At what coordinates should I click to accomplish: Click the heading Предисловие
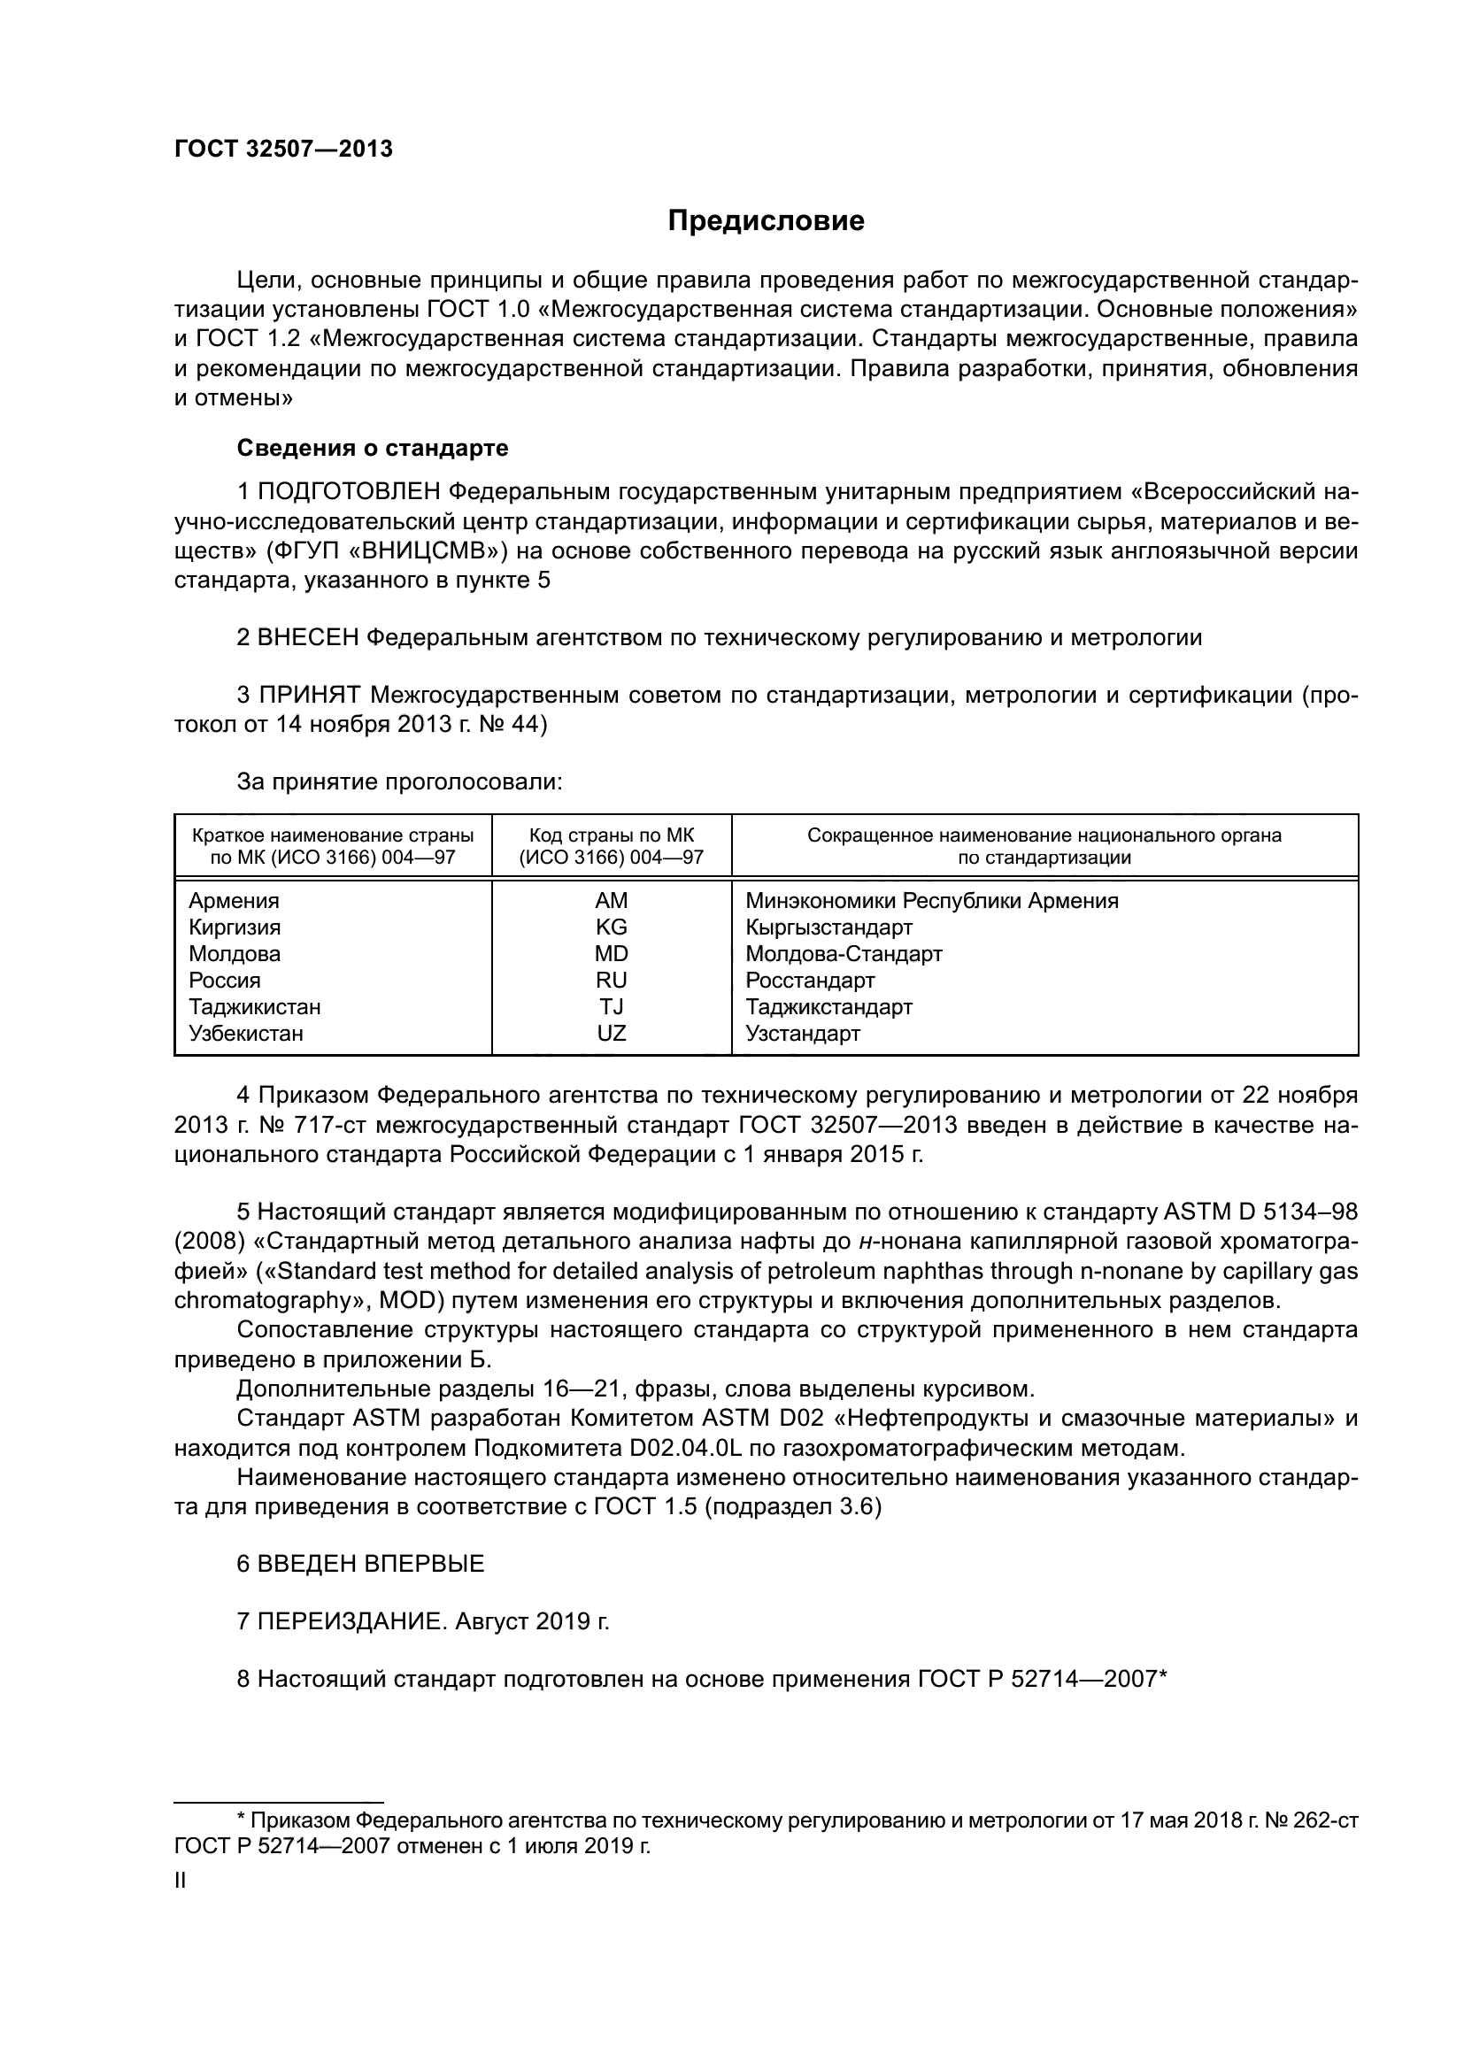[x=766, y=221]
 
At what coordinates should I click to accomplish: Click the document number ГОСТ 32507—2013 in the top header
[x=283, y=150]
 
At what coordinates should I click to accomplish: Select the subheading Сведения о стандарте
[x=373, y=448]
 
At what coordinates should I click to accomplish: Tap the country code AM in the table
[x=612, y=901]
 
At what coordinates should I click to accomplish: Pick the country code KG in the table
[x=612, y=927]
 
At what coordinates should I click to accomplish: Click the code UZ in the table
[x=612, y=1033]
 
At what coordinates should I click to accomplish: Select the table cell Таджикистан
[x=254, y=1006]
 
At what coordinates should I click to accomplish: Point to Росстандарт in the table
[x=810, y=980]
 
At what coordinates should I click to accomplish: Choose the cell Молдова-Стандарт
[x=844, y=954]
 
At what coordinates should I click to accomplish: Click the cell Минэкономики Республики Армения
[x=931, y=901]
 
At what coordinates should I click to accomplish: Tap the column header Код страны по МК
[x=612, y=835]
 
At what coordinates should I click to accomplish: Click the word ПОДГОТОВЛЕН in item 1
[x=349, y=492]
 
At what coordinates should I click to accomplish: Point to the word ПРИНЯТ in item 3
[x=309, y=695]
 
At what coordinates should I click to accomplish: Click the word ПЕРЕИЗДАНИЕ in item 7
[x=351, y=1622]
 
